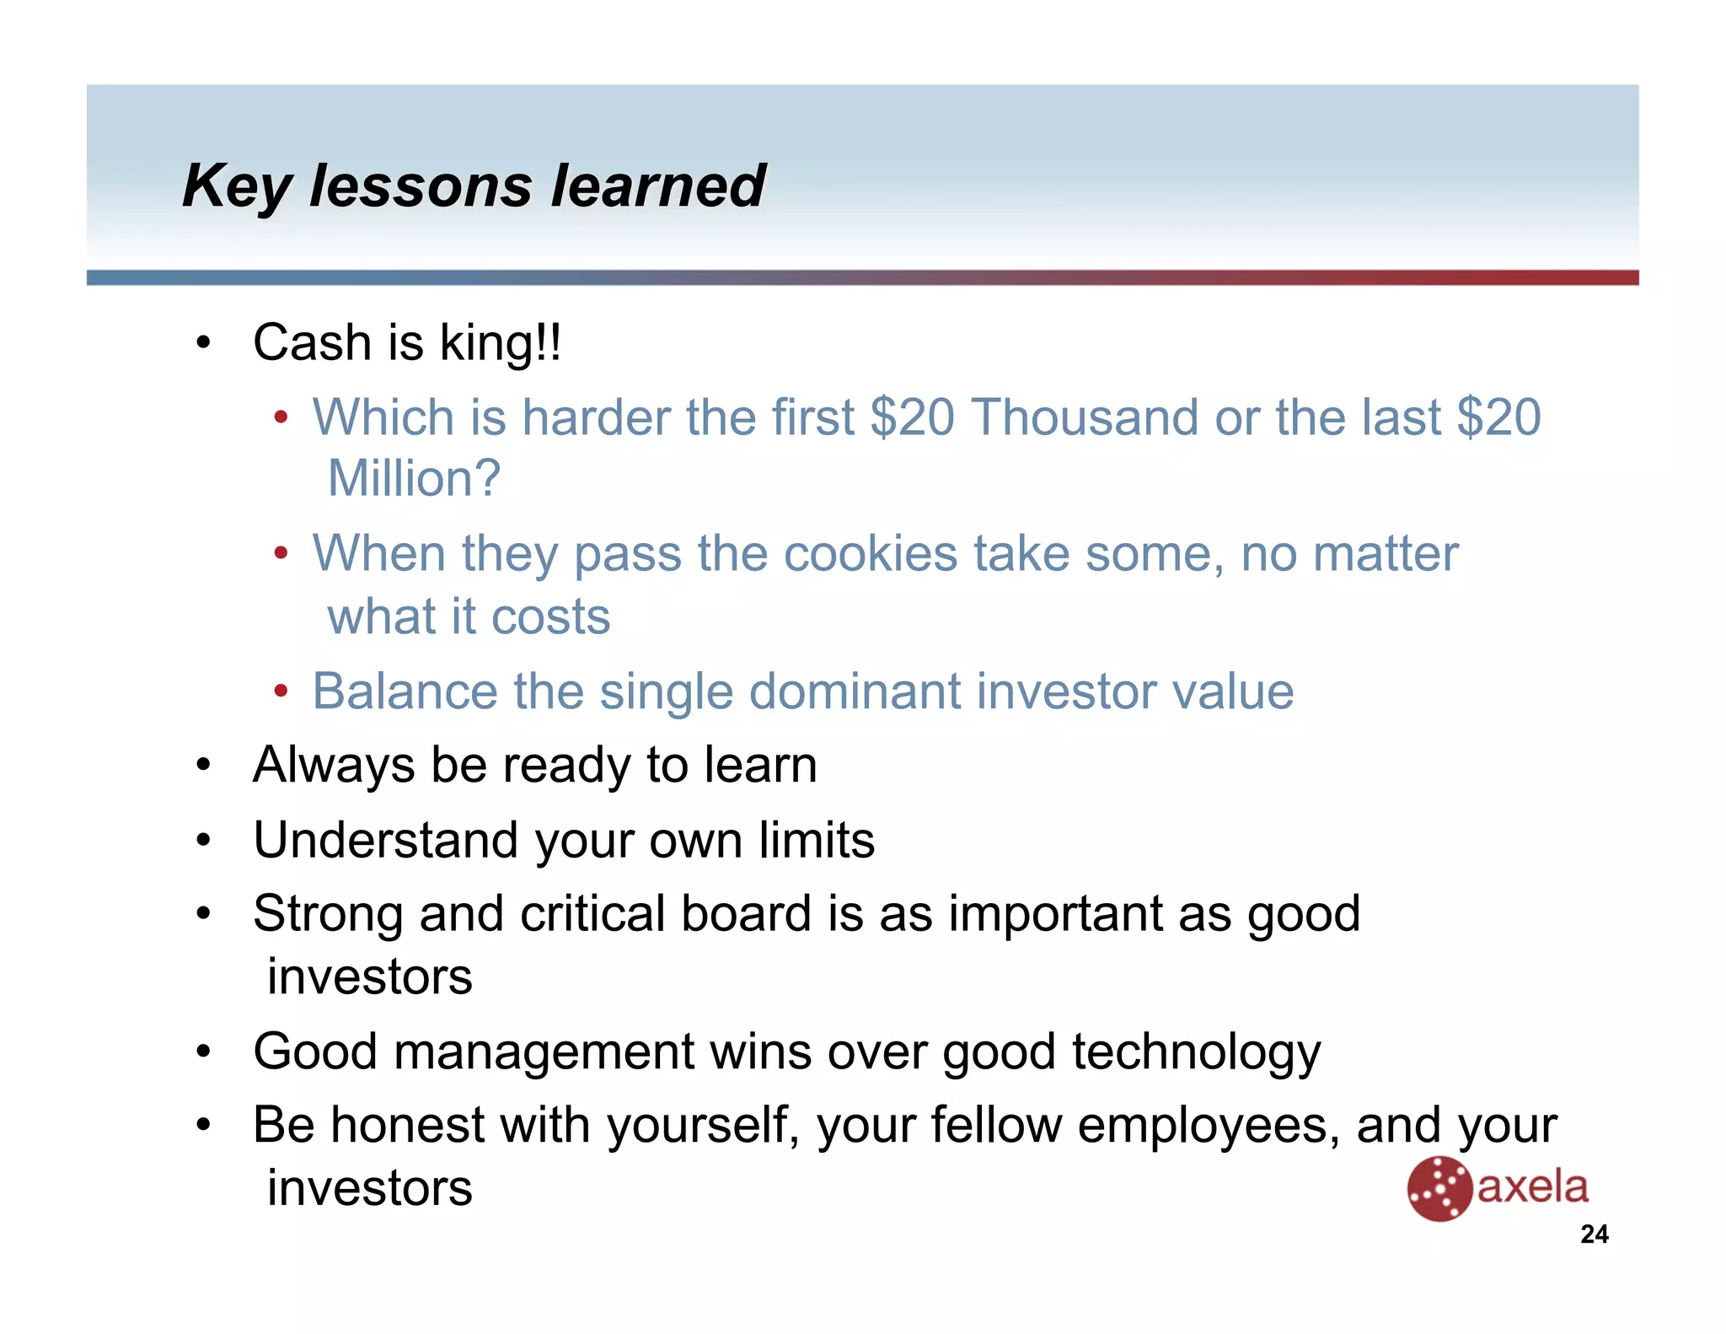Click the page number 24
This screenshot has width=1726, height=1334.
coord(1594,1234)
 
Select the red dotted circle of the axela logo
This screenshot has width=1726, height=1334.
coord(1439,1189)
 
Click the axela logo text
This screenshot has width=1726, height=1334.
coord(1532,1187)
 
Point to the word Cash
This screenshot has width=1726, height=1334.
coord(312,343)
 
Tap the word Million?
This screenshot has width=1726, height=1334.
coord(414,479)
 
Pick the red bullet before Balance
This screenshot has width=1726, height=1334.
coord(281,692)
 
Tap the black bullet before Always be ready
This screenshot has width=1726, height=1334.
coord(203,766)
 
